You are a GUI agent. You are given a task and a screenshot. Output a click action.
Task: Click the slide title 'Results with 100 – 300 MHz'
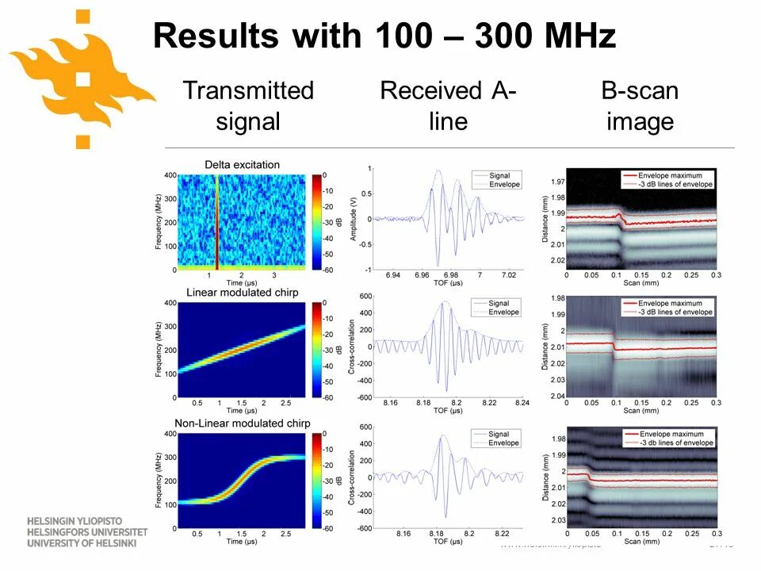click(384, 36)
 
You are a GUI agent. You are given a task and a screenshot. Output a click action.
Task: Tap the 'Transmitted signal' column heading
click(248, 105)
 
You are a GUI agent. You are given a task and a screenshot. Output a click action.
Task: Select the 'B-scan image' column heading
click(640, 105)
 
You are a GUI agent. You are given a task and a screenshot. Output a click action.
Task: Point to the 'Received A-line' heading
click(448, 105)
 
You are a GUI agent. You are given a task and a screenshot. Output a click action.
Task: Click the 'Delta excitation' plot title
click(242, 165)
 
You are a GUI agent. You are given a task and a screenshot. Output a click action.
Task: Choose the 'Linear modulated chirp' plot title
click(242, 293)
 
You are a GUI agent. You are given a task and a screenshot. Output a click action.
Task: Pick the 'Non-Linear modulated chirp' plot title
click(242, 423)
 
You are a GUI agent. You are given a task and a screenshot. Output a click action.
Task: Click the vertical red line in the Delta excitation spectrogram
click(216, 222)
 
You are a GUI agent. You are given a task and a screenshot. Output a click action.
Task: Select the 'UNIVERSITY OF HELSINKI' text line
click(82, 543)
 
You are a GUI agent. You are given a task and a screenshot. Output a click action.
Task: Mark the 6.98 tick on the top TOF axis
click(450, 274)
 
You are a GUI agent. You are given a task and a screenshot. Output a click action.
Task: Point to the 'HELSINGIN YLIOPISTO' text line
click(76, 520)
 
